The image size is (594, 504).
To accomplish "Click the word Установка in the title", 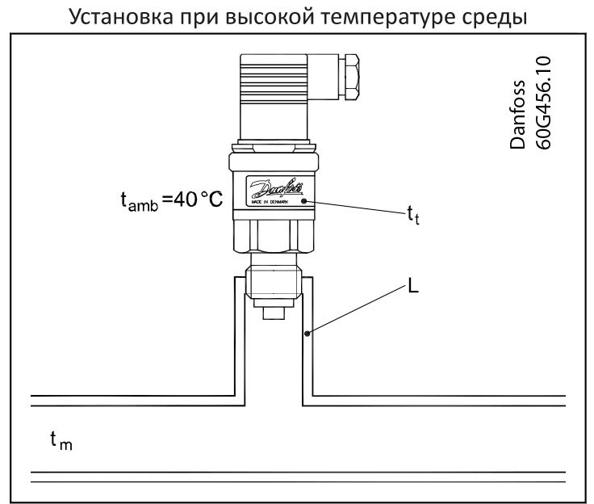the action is point(121,17).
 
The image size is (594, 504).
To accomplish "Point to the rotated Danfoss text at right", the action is point(517,115).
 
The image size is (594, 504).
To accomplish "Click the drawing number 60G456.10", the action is point(543,103).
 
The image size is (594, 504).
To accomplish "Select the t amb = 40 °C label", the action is point(172,199).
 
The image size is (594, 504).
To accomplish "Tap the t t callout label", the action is point(413,215).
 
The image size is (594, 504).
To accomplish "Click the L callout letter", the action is point(413,285).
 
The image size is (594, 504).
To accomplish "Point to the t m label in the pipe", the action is point(61,440).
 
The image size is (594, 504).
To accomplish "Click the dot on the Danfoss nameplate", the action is point(303,200).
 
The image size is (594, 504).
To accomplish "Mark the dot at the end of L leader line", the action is point(307,334).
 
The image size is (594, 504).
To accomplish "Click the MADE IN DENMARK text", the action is point(270,202).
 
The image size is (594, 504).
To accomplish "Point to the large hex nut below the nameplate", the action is point(274,236).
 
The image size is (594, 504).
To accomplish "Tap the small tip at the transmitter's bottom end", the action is point(274,313).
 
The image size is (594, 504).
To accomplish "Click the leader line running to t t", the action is point(355,208).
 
